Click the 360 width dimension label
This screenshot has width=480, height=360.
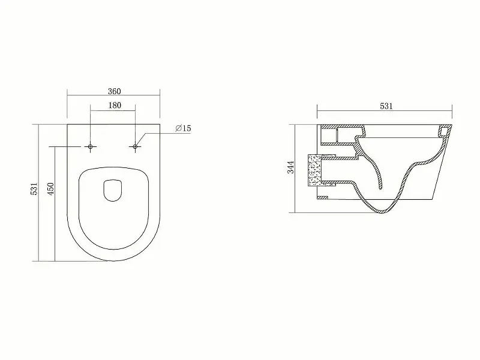click(114, 91)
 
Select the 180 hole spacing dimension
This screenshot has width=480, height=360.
click(115, 106)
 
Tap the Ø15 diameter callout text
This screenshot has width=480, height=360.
click(183, 128)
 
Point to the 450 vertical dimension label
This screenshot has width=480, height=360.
click(50, 188)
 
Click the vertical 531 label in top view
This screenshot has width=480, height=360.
click(34, 188)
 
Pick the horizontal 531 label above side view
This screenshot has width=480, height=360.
click(386, 106)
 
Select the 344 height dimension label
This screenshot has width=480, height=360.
click(290, 167)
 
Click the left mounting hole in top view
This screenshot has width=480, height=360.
click(91, 147)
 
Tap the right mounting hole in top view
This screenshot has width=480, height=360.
click(135, 147)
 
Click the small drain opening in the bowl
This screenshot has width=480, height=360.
click(113, 190)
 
